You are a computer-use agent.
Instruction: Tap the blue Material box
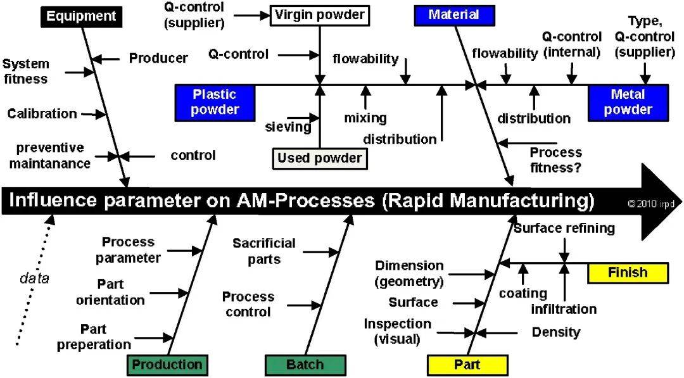[x=453, y=15]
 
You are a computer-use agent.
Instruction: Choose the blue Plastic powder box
[x=215, y=102]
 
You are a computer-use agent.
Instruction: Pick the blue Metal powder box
[x=628, y=102]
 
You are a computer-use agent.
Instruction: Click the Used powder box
[x=320, y=158]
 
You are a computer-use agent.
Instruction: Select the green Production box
[x=167, y=364]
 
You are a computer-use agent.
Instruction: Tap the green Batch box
[x=305, y=365]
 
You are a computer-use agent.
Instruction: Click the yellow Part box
[x=467, y=365]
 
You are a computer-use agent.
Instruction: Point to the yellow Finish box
[x=628, y=273]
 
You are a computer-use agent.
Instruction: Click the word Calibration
[x=42, y=114]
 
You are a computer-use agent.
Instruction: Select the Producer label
[x=158, y=58]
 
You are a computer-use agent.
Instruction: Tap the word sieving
[x=288, y=127]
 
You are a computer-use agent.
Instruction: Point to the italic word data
[x=34, y=277]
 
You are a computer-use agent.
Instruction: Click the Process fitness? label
[x=555, y=160]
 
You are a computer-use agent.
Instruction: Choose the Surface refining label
[x=564, y=228]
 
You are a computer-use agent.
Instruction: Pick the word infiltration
[x=564, y=309]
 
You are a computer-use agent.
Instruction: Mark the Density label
[x=555, y=332]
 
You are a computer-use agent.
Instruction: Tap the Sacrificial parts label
[x=264, y=251]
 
